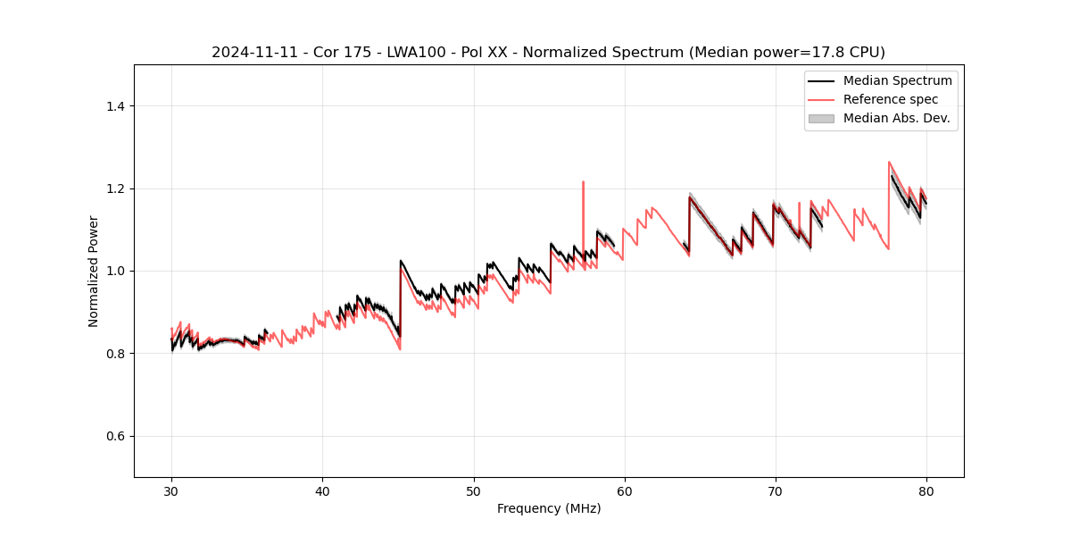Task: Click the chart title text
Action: pos(548,53)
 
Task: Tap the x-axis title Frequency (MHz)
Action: pos(548,508)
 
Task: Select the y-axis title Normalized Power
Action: pos(94,271)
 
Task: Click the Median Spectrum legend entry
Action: pos(897,81)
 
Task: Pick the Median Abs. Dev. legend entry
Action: pos(896,118)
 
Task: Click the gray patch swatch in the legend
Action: pos(821,118)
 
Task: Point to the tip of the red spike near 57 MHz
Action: pos(583,181)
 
